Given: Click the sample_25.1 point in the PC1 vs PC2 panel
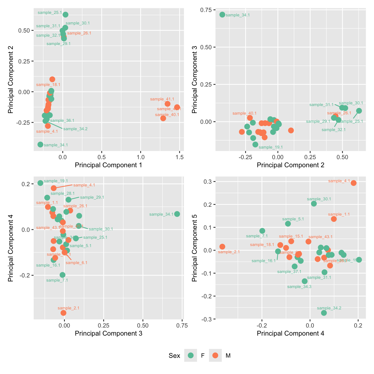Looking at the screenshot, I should tap(65, 15).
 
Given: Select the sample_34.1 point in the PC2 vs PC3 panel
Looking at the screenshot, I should tap(222, 14).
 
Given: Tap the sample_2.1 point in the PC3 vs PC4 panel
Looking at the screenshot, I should tap(63, 313).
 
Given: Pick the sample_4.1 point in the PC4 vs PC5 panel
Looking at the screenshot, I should tap(354, 183).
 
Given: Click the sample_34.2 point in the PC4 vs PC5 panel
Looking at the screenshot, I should tap(324, 313).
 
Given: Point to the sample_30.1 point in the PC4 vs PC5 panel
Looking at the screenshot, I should tap(314, 204).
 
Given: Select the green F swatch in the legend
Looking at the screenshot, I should tap(191, 355).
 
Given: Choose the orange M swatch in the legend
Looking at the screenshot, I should tap(215, 355).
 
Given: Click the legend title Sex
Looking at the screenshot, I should tap(174, 356).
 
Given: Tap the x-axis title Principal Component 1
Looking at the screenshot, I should tap(109, 165).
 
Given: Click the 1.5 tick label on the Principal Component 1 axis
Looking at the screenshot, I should tap(180, 157).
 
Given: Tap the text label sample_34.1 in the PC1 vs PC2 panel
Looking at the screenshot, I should tap(56, 145).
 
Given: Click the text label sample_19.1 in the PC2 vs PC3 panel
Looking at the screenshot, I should tap(271, 147).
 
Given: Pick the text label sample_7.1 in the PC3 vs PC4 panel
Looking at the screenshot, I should tap(57, 280).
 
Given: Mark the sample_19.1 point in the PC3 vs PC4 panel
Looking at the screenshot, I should tap(40, 183).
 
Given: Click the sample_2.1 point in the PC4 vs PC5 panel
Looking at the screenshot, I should tap(222, 247).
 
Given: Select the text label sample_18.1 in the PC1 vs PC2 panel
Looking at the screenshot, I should tap(48, 85).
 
